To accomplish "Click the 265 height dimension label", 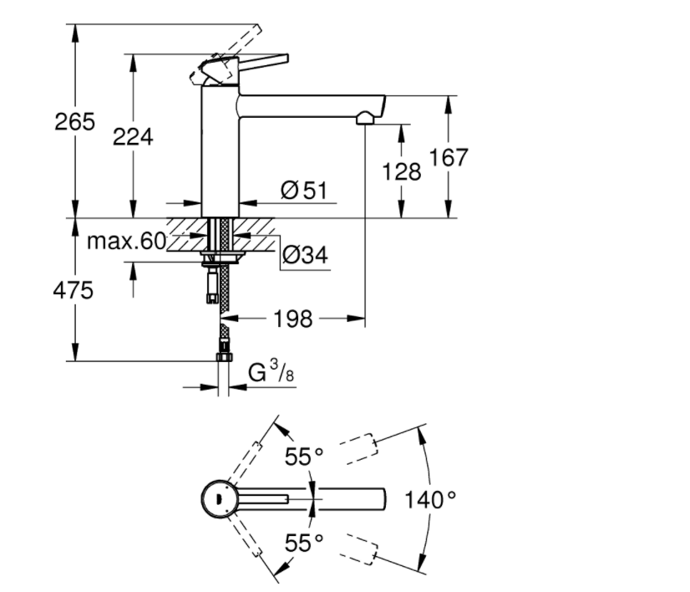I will [x=75, y=122].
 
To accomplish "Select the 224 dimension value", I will [x=133, y=136].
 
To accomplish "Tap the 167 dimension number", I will [x=449, y=157].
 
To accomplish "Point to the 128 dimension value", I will [x=402, y=171].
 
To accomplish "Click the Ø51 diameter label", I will [x=303, y=191].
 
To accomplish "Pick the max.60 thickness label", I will [x=126, y=242].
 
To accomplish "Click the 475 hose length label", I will [x=74, y=292].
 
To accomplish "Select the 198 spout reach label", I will [x=292, y=319].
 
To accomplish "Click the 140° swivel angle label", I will [x=431, y=500].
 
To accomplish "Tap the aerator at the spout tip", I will [x=364, y=120].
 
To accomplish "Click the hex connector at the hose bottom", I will [x=223, y=357].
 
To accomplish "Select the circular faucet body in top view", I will [x=218, y=499].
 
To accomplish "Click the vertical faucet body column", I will [x=220, y=151].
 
